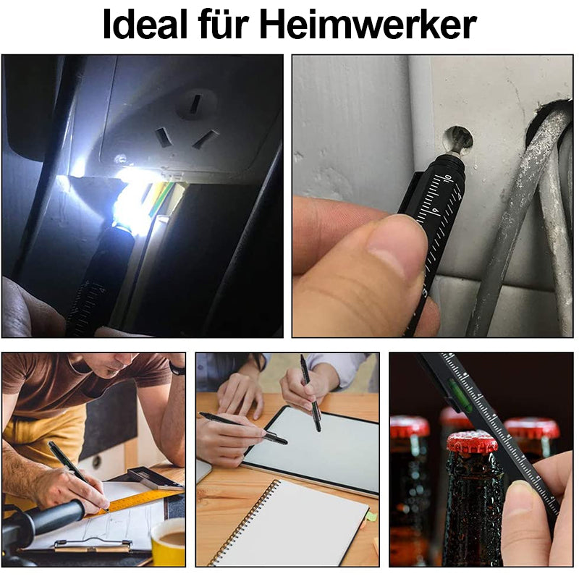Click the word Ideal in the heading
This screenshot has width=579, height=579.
coord(145,25)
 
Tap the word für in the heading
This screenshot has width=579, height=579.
coord(223,25)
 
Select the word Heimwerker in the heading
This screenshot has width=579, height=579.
coord(368,25)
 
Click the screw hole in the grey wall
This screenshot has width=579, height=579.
coord(458,140)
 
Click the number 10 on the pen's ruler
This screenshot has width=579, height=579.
coord(447,179)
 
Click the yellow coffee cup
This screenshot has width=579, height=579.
coord(168,542)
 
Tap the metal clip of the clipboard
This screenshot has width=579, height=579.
coord(93,545)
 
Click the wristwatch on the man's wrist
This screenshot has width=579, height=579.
coord(178,368)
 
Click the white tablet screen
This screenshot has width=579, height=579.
coord(313,448)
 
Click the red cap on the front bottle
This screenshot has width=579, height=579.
coord(473,442)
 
